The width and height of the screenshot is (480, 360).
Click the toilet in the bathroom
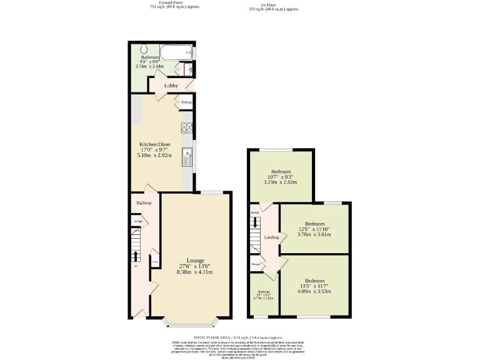pos(144,49)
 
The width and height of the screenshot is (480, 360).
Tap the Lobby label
pos(171,86)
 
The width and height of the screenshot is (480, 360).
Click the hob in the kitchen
pos(186,127)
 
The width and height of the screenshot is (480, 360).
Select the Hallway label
pos(144,203)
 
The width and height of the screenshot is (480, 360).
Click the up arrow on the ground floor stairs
pos(136,256)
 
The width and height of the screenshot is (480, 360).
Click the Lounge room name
pos(196,261)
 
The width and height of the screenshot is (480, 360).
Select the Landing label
pos(271,237)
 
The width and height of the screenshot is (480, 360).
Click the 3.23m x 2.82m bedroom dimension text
pos(279,182)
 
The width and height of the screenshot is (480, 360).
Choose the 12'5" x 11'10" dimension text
pos(314,229)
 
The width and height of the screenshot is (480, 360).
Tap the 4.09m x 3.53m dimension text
pos(314,291)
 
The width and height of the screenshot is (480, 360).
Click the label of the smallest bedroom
pos(264,292)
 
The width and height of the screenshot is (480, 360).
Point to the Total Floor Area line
pos(239,337)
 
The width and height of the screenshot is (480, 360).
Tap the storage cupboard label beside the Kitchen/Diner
pos(186,102)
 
